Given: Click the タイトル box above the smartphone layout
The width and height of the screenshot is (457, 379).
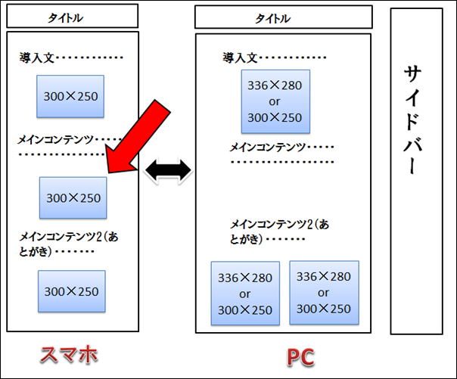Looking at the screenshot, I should coord(73,16).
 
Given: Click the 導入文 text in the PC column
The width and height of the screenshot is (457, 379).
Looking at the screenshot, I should coord(241,57).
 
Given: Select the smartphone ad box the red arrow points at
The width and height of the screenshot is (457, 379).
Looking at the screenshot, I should coord(73,197).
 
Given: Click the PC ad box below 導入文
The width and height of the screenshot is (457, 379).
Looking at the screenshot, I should coord(274,101).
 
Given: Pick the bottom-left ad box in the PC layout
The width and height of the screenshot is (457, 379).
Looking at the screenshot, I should coord(244,294).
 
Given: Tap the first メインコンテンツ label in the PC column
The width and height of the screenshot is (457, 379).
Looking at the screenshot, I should coord(268,147).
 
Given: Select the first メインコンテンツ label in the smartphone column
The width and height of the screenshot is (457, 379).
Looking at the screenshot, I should coord(58,139).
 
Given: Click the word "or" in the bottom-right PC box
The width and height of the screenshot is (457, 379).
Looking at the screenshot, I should coord(323,293).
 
